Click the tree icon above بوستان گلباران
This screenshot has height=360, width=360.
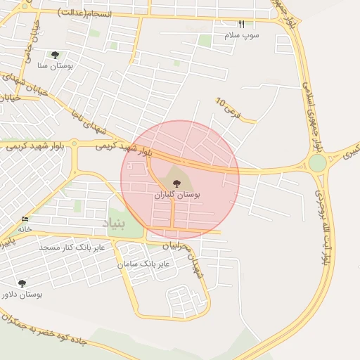176,184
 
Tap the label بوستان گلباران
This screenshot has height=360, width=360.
178,194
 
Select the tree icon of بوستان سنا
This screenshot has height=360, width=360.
55,55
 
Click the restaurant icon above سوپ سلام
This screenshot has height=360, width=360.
242,24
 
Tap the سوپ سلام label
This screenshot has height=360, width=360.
242,34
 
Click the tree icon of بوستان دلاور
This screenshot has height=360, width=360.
22,283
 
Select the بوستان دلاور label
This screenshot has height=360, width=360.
22,294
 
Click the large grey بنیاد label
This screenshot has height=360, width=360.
113,224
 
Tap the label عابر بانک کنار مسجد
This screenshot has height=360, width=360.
72,247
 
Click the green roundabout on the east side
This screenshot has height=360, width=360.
317,163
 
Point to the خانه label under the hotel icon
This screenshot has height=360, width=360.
25,229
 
